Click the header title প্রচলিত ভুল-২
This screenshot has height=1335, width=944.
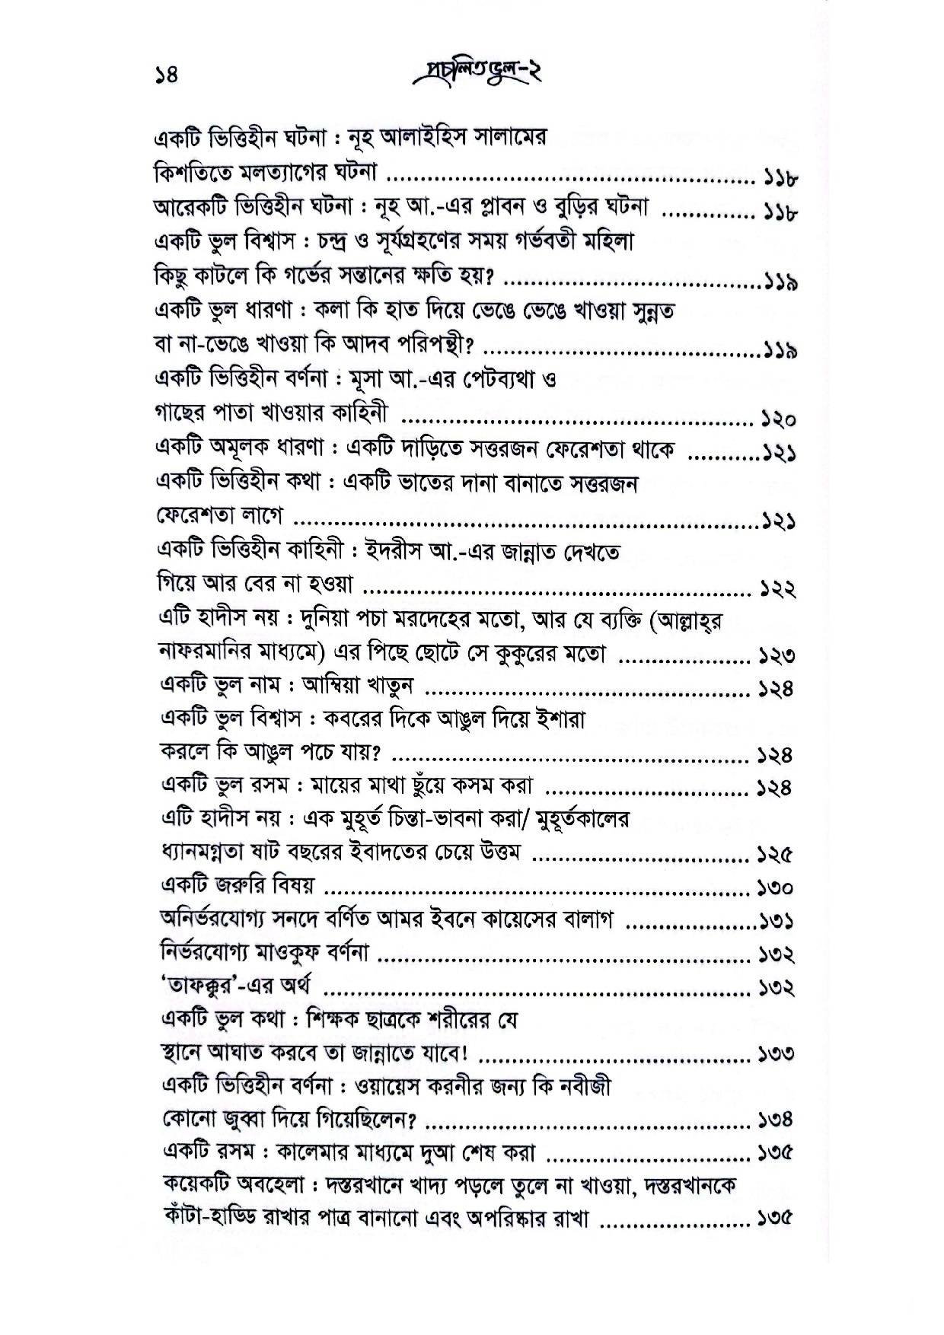[474, 74]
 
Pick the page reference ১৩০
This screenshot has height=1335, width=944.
[776, 888]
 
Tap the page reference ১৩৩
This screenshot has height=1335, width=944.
[776, 1055]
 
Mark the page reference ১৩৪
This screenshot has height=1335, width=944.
[776, 1120]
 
